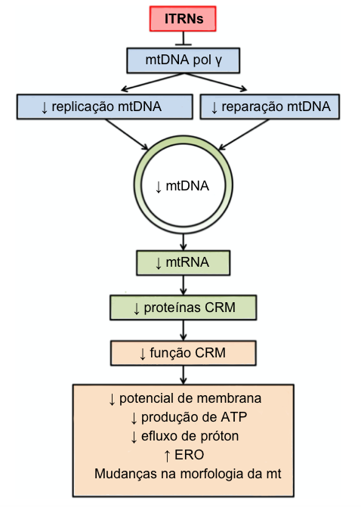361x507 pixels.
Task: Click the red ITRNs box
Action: (x=183, y=19)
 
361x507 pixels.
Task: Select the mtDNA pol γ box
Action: (x=184, y=60)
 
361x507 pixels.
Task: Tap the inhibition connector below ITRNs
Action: (x=184, y=39)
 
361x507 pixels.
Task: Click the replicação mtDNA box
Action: (x=105, y=107)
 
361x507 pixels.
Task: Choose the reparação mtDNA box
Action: (x=270, y=107)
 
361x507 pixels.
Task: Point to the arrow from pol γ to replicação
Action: (x=152, y=82)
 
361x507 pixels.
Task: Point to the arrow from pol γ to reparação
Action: (x=215, y=82)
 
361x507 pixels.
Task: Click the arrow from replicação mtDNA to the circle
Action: (x=127, y=134)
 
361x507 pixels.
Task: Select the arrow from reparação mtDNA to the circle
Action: (x=243, y=134)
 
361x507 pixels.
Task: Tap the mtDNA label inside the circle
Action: (x=182, y=186)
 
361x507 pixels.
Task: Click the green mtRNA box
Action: (x=184, y=263)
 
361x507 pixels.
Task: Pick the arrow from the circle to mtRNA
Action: (x=184, y=242)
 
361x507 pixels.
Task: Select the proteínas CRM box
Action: (x=184, y=308)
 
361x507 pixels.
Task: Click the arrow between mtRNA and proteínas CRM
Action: (x=184, y=285)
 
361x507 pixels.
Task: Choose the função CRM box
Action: (x=184, y=353)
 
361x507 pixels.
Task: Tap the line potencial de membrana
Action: (x=185, y=399)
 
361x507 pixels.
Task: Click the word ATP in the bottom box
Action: (x=234, y=417)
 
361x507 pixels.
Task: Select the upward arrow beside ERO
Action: (x=167, y=456)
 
